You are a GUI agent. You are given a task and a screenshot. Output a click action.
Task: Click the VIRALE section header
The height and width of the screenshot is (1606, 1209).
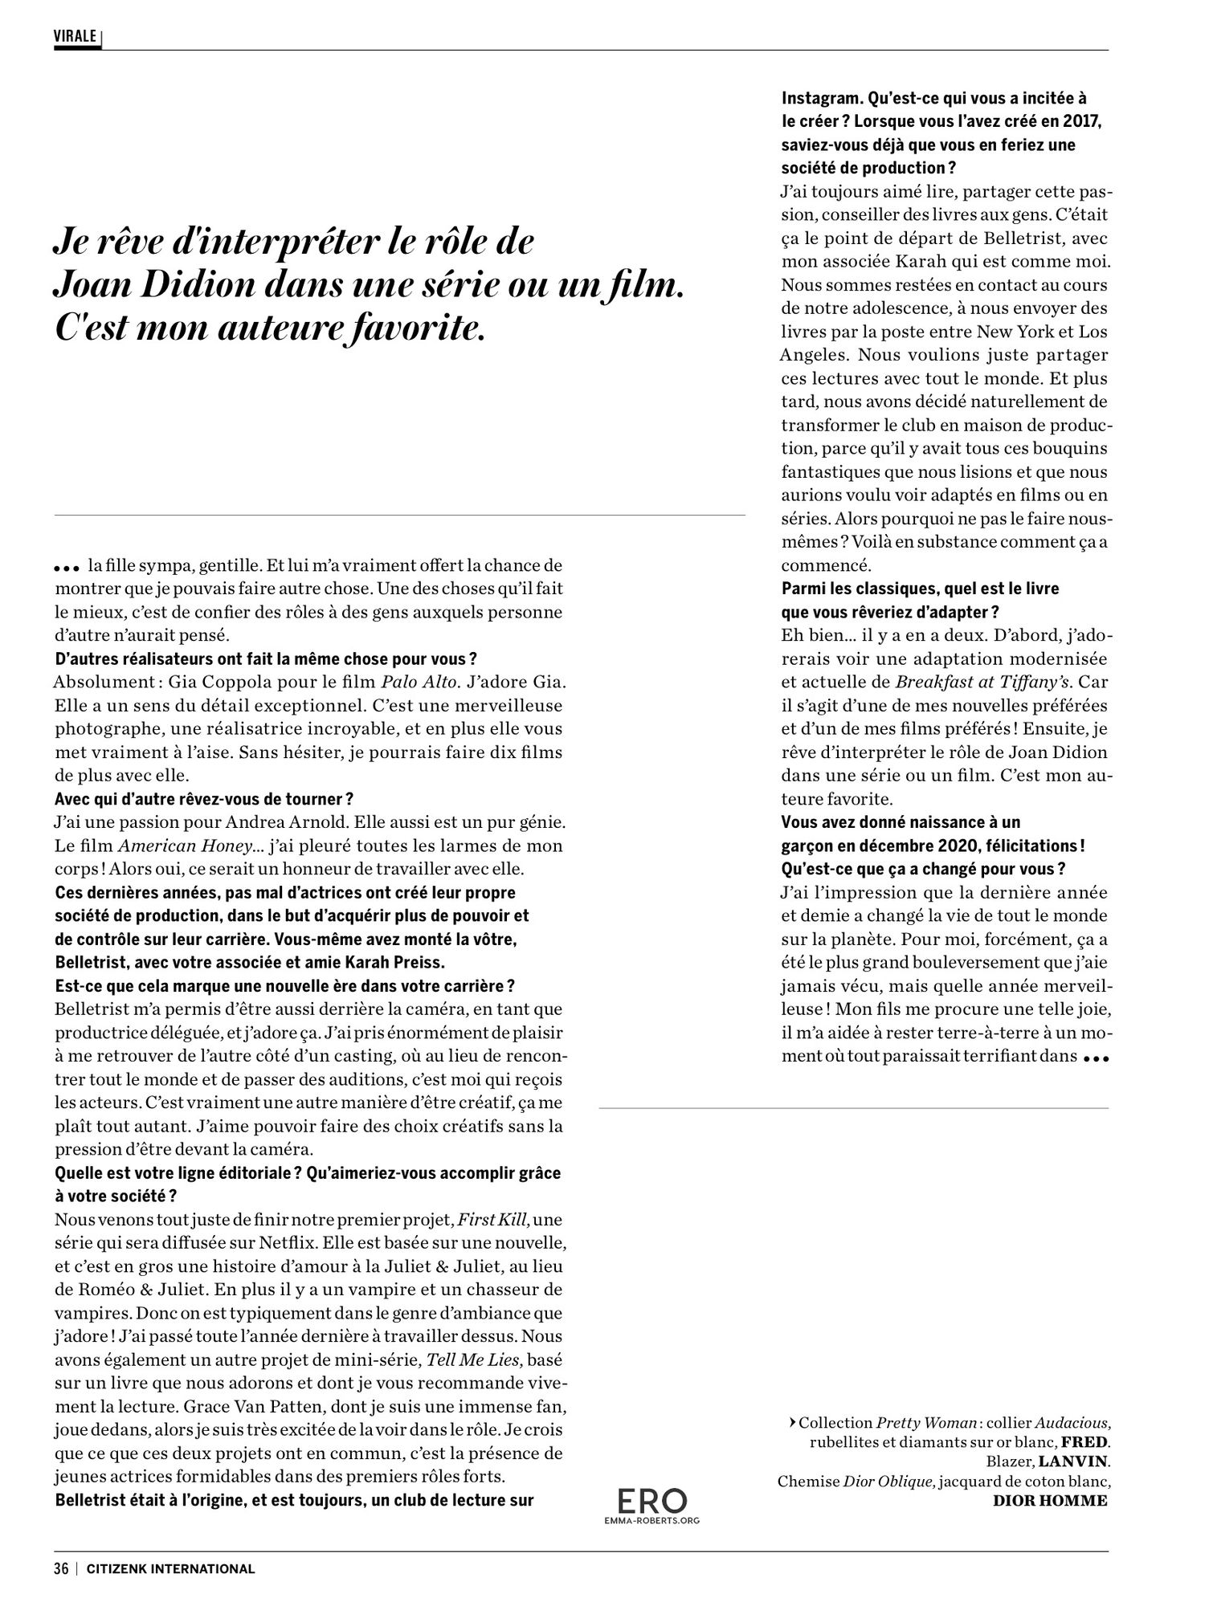tap(75, 37)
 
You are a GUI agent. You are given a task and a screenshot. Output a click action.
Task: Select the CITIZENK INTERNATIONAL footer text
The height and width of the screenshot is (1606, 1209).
tap(170, 1568)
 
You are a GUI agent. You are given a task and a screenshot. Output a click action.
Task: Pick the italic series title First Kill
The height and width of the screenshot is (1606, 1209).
tap(493, 1219)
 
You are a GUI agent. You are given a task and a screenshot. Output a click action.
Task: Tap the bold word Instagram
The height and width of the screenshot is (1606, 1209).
tap(819, 99)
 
